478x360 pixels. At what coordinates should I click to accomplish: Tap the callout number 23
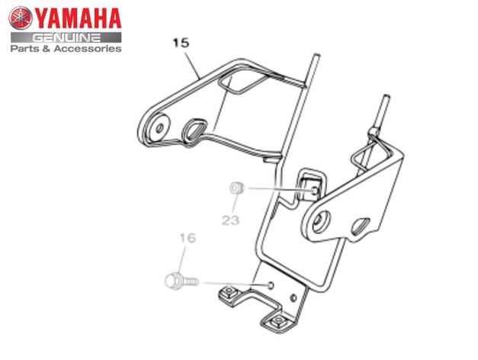230,220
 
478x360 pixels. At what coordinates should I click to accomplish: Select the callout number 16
188,239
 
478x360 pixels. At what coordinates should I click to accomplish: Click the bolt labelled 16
178,281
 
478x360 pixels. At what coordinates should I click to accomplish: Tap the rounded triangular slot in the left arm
195,130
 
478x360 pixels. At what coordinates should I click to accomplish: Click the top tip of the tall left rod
313,56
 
